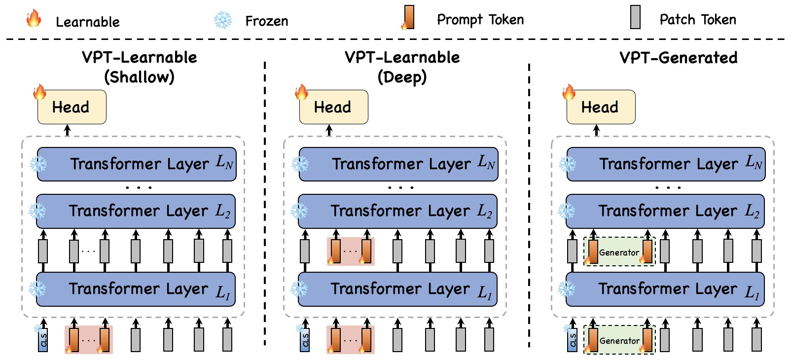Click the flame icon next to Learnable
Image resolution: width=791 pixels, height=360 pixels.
(34, 18)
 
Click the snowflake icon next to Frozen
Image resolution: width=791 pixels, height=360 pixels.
(223, 20)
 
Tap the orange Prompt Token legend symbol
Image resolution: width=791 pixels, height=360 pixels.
(408, 18)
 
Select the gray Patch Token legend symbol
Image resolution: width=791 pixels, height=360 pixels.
(635, 17)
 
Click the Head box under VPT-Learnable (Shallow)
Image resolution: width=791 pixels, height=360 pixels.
(72, 107)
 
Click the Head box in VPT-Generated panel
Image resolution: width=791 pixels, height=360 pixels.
(601, 107)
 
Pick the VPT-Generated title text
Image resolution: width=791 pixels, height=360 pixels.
(678, 58)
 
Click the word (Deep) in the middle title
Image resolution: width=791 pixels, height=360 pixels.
(402, 77)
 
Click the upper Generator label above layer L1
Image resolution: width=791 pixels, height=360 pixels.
(619, 252)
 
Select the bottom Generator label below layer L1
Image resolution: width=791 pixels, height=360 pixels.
(619, 341)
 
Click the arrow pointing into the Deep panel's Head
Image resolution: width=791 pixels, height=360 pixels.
(329, 130)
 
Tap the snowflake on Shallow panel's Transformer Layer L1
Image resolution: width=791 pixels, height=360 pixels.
(37, 288)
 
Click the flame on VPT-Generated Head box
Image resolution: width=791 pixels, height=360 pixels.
(569, 92)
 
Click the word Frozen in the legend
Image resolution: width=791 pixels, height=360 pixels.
(266, 21)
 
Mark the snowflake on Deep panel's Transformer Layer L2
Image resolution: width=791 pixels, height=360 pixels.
(299, 212)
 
